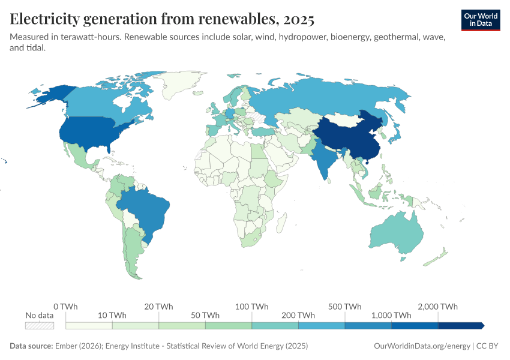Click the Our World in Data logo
[x=481, y=20]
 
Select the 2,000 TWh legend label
[x=438, y=307]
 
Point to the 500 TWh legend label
[x=345, y=307]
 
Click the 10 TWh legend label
[x=112, y=316]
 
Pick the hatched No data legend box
[x=40, y=325]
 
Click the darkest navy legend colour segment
[x=460, y=325]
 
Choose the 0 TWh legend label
[x=65, y=307]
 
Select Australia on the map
[x=394, y=231]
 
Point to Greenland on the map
[x=183, y=87]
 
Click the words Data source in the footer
[x=31, y=346]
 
